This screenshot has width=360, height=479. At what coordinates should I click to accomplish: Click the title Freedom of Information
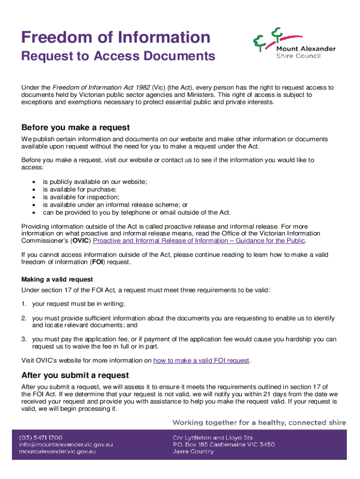[116, 37]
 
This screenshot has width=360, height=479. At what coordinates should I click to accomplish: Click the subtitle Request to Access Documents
[118, 57]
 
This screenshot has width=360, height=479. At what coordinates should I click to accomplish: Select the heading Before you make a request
[75, 128]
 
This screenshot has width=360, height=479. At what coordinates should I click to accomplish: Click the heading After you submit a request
[75, 375]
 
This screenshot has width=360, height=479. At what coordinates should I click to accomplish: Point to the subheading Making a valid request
[57, 280]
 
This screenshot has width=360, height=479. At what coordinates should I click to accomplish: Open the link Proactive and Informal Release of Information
[199, 240]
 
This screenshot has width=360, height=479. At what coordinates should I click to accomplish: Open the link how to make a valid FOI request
[202, 360]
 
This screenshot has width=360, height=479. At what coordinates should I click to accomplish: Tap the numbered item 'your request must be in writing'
[78, 304]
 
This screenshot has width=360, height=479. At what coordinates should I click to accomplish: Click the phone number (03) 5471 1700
[41, 437]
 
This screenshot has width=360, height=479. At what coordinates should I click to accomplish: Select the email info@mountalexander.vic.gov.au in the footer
[66, 444]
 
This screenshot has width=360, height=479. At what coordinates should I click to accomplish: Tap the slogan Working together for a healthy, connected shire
[259, 422]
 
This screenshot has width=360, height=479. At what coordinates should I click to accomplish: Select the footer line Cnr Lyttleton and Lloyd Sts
[213, 437]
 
